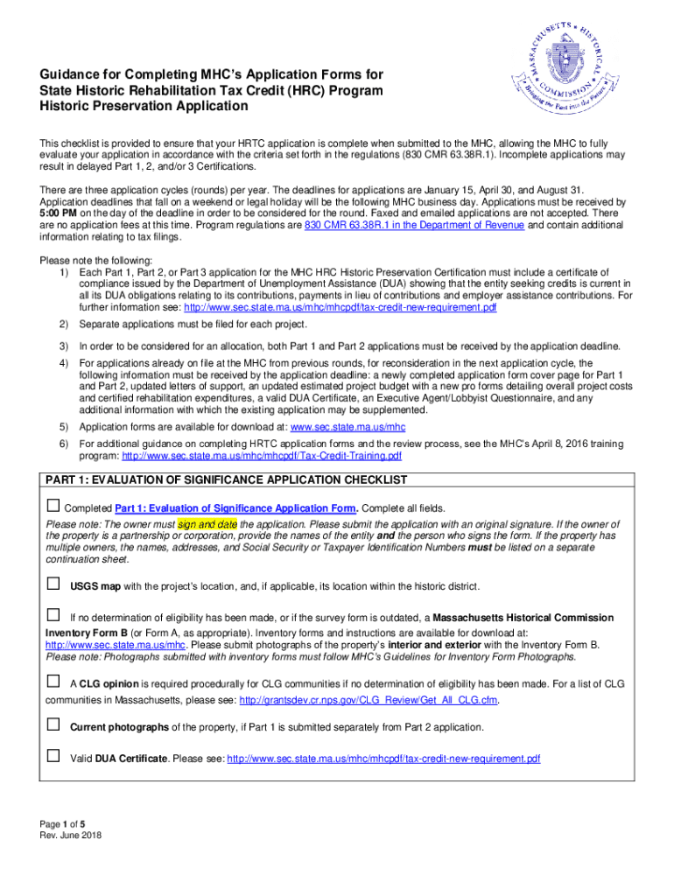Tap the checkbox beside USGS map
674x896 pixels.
tap(53, 584)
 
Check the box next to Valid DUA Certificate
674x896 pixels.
tap(53, 756)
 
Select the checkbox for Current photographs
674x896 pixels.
tap(53, 725)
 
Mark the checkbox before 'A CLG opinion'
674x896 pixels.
tap(53, 680)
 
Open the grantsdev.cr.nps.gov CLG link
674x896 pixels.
tap(369, 700)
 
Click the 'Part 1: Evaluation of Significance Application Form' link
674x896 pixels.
tap(235, 508)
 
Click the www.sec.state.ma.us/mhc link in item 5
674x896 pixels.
tap(347, 427)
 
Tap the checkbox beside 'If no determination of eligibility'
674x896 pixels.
tap(53, 616)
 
